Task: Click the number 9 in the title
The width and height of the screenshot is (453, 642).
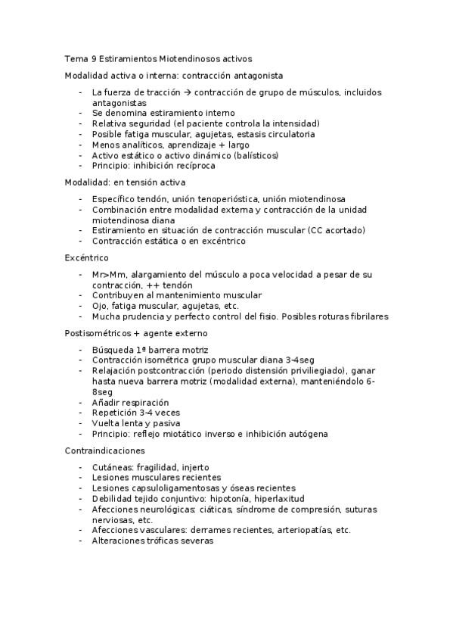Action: (93, 58)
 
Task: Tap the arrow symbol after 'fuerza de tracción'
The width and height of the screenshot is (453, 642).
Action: (188, 92)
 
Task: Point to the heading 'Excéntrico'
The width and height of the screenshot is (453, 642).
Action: (86, 257)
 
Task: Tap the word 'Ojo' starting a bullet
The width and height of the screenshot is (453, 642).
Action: (99, 305)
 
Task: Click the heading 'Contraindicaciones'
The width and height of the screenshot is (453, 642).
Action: (103, 450)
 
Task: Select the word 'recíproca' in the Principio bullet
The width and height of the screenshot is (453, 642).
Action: (194, 165)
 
